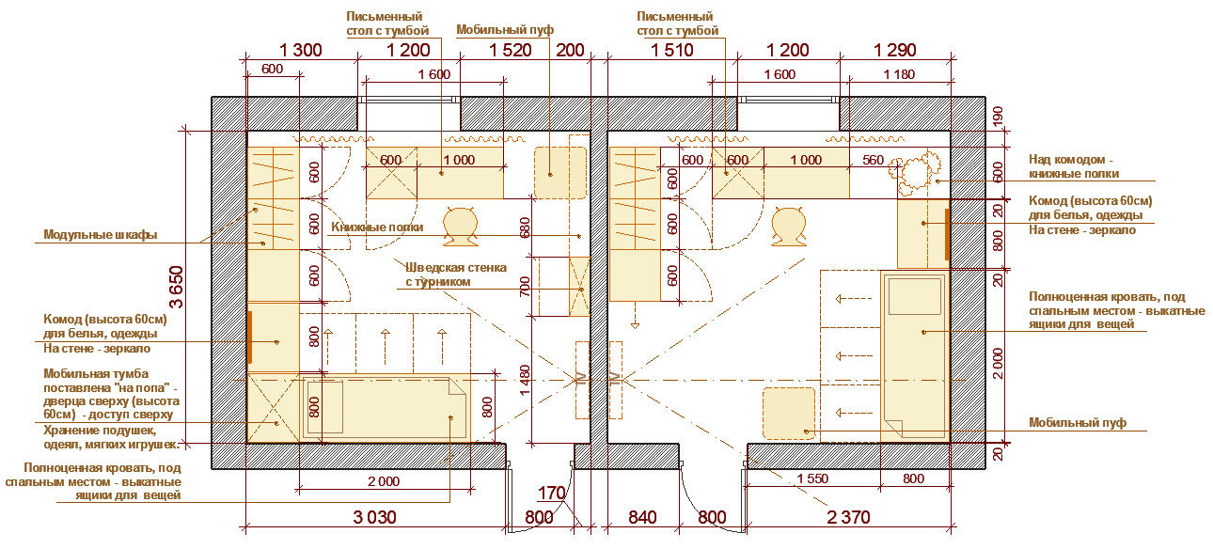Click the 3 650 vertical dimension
176,287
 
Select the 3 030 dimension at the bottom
375,517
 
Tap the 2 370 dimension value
848,517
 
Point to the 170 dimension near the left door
551,494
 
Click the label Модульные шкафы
101,234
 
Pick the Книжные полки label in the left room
377,227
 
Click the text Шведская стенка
456,268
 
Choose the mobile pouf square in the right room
789,413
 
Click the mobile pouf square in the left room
560,173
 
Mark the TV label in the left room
582,379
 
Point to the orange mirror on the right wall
947,234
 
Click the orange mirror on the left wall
250,337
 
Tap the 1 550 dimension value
812,478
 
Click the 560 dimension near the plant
873,160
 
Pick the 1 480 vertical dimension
524,380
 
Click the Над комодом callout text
1074,166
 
